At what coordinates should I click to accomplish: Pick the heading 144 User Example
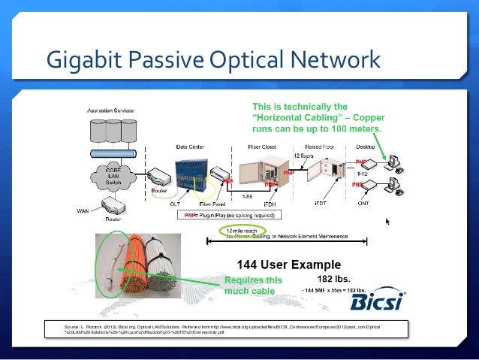[289, 265]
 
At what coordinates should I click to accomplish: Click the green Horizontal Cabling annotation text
[317, 117]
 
